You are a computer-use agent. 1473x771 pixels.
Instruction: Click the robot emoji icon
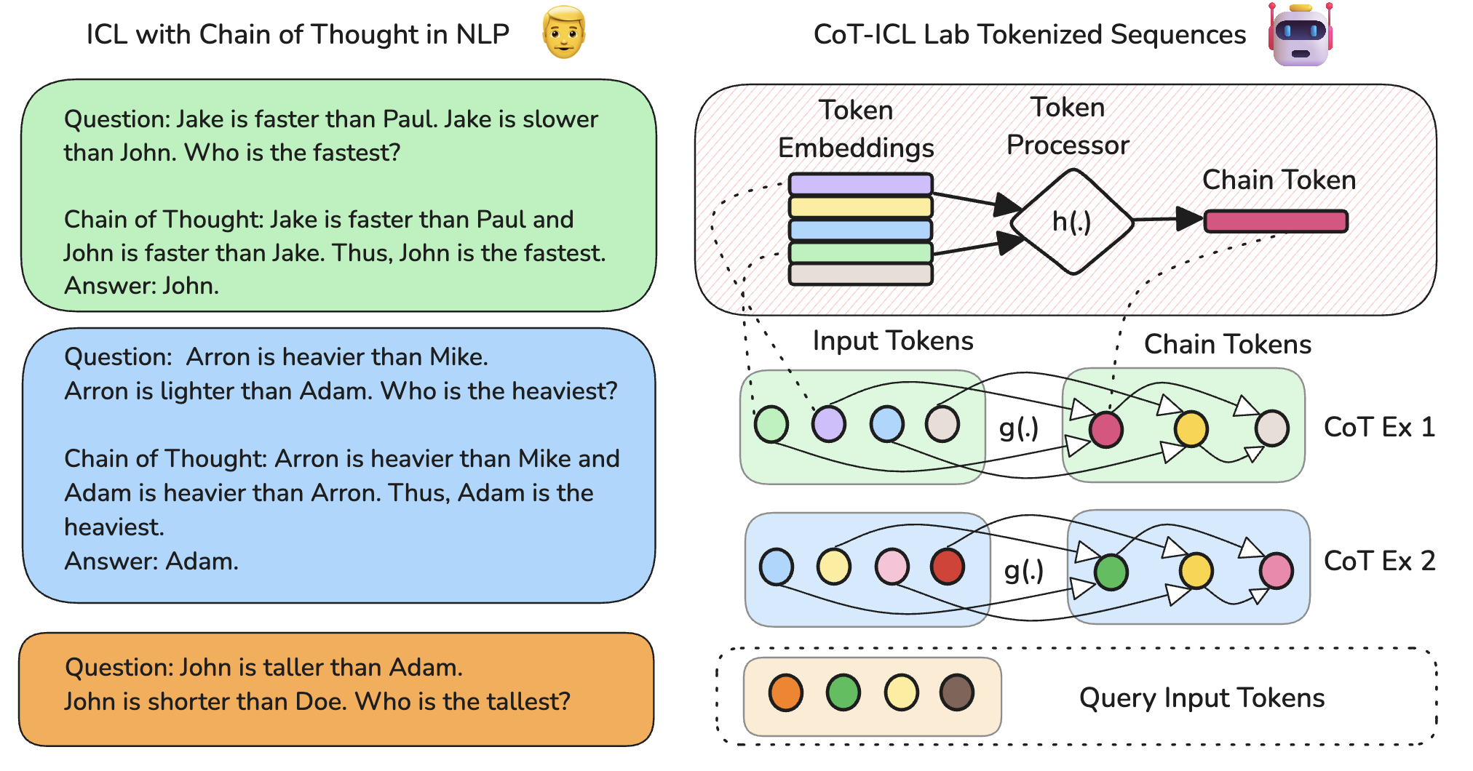point(1300,34)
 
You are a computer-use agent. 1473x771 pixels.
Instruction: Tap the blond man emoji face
point(563,32)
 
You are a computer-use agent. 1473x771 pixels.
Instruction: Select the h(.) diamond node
point(1072,221)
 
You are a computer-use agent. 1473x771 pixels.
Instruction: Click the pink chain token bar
point(1276,221)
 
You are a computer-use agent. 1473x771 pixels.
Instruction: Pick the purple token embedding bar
point(860,183)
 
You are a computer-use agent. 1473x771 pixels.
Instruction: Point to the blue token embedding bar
point(860,230)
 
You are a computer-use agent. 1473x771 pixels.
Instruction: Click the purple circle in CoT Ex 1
point(828,424)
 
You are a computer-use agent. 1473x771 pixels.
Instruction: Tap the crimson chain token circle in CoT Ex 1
point(1105,429)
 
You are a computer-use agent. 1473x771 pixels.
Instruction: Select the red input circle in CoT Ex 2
point(947,567)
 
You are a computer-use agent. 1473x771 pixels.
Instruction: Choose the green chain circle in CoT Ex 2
point(1111,572)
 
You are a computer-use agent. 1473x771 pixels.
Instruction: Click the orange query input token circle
point(785,692)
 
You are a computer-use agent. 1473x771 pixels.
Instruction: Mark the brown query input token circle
point(956,692)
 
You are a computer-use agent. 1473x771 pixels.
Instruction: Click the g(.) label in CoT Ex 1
point(1018,428)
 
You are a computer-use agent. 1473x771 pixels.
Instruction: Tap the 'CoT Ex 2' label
point(1379,561)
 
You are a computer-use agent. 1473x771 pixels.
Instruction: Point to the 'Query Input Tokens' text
point(1202,698)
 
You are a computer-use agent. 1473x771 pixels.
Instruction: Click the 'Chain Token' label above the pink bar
point(1279,180)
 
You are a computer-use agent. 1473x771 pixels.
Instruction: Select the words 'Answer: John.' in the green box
point(141,285)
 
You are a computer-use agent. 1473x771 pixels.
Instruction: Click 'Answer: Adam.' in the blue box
point(151,561)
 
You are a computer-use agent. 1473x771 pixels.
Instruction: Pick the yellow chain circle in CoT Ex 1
point(1191,429)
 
